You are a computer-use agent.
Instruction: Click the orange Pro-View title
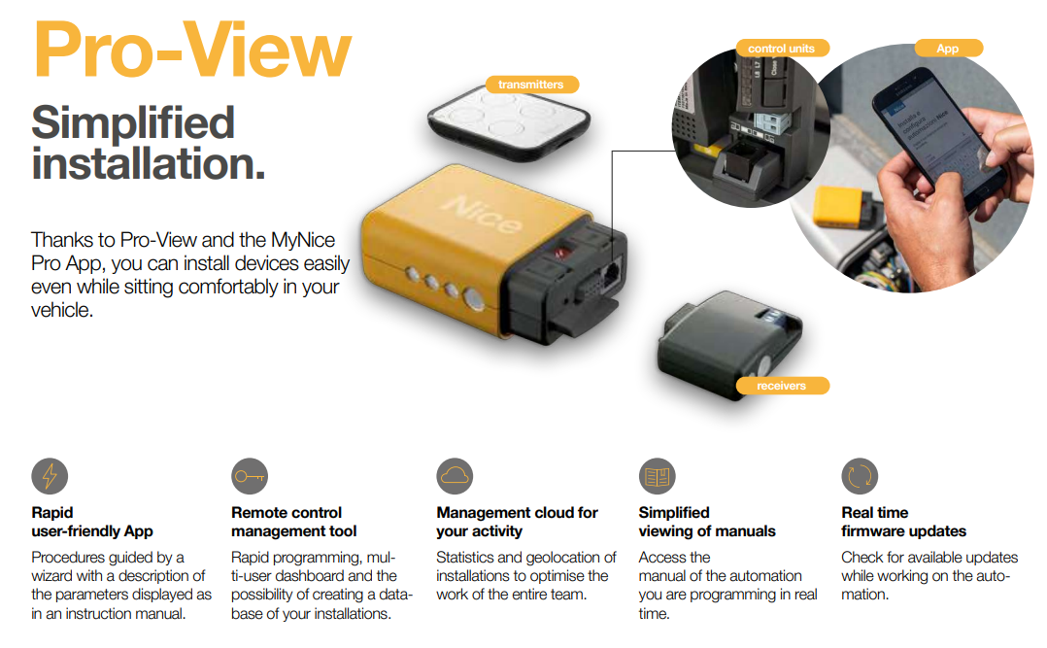(x=192, y=51)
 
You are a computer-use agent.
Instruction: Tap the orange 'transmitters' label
(x=531, y=85)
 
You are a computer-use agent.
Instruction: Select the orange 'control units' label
(x=782, y=49)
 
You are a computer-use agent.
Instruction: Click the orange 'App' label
(x=948, y=49)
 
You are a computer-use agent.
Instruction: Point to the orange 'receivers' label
(x=782, y=386)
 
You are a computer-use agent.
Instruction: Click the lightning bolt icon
(x=51, y=476)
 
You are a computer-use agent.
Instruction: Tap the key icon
(x=250, y=476)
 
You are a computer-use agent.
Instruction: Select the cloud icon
(x=455, y=476)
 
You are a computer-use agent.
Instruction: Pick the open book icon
(x=657, y=476)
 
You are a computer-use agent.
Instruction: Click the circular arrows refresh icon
(x=861, y=476)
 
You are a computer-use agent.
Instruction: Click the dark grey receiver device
(x=729, y=345)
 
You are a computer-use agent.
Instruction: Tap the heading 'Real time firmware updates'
(x=903, y=522)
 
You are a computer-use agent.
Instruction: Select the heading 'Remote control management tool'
(x=293, y=522)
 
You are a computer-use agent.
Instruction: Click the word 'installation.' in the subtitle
(x=149, y=164)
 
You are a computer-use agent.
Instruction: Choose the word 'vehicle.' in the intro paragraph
(x=62, y=310)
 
